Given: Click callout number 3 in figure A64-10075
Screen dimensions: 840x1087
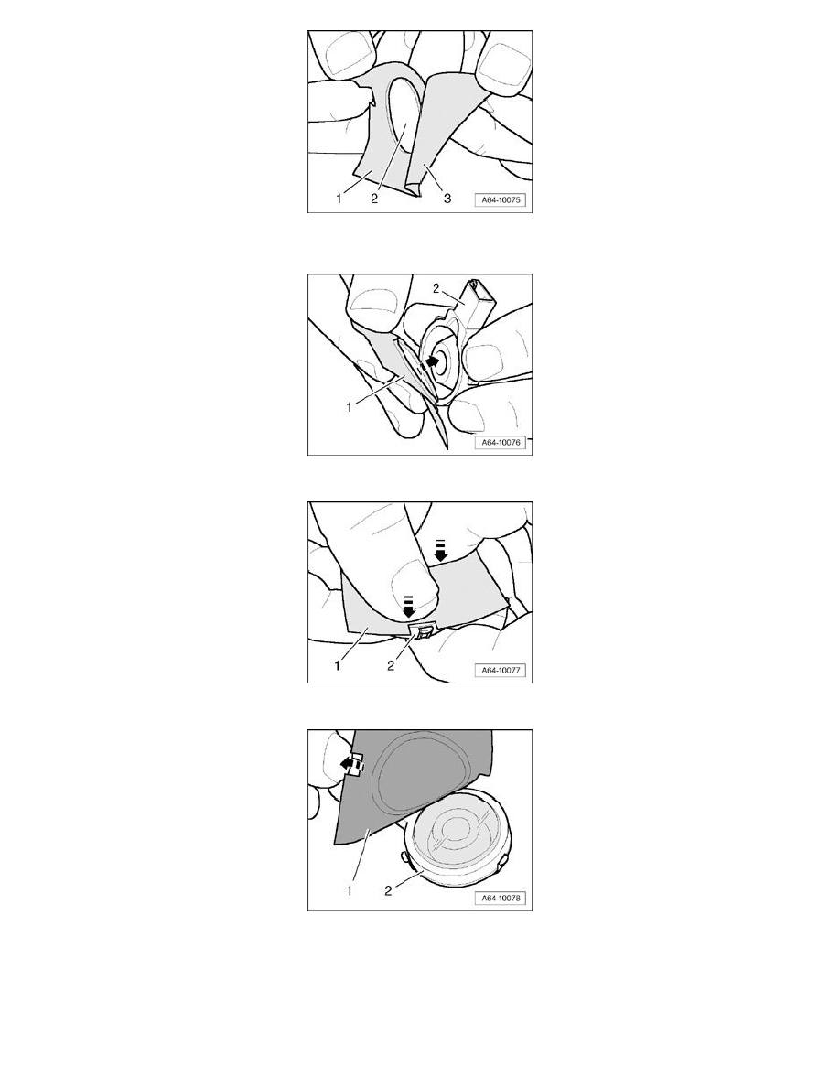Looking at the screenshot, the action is point(447,199).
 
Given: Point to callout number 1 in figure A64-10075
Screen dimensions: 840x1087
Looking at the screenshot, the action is point(339,199).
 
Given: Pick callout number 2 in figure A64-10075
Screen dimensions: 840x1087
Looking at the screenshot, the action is point(374,199).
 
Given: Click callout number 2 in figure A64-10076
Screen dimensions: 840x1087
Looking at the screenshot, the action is point(436,288).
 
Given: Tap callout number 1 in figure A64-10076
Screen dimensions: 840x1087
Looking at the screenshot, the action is point(350,408).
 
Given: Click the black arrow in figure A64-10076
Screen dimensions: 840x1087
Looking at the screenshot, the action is point(432,361).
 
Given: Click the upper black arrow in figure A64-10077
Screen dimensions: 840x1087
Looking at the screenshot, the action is point(440,551).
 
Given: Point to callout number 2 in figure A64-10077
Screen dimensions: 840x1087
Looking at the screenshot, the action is point(390,665).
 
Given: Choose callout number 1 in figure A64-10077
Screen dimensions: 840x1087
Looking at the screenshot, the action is point(338,665).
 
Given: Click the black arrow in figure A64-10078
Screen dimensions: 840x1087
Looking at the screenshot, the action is point(350,765).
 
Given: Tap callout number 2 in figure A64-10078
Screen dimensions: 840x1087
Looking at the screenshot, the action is point(387,890).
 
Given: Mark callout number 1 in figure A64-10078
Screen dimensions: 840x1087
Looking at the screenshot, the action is point(350,890).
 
